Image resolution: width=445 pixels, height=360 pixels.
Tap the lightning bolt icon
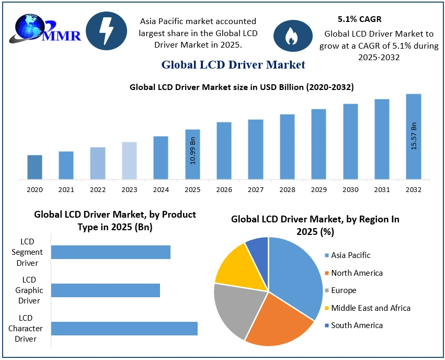(x=106, y=31)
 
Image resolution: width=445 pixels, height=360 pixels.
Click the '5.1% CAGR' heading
(x=360, y=19)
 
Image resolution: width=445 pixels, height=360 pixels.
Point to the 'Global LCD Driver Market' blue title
(x=233, y=65)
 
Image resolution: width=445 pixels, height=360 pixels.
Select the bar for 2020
(x=35, y=167)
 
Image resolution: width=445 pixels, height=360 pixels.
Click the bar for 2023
(x=129, y=161)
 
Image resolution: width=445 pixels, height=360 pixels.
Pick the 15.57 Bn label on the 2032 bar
(x=414, y=136)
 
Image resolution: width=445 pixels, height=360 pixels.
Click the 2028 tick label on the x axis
(x=287, y=189)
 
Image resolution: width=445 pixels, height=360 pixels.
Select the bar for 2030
(x=350, y=141)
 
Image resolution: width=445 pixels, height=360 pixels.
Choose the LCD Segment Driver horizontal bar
(x=111, y=252)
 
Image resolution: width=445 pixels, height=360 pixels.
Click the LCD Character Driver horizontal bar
(x=124, y=328)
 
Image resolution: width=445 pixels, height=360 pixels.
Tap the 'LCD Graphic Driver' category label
(x=29, y=290)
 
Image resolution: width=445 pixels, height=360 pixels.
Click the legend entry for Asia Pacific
(x=350, y=255)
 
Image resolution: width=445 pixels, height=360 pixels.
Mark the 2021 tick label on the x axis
(x=66, y=189)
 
